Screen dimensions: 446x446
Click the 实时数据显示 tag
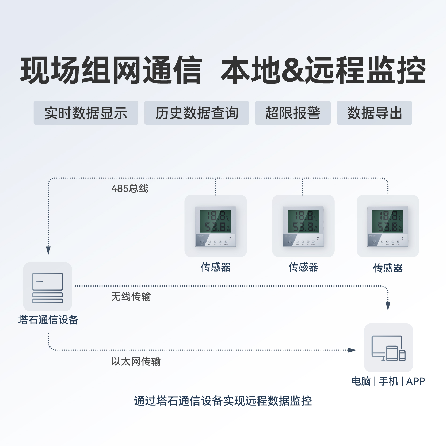(86, 113)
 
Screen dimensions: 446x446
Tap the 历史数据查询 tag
(197, 113)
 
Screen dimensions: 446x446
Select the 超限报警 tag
(293, 113)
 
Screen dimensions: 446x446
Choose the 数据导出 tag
(374, 113)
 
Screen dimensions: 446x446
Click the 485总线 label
(130, 189)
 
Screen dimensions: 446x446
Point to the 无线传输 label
(131, 297)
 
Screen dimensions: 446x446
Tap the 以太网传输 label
(136, 361)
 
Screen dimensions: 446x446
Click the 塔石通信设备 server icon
(48, 287)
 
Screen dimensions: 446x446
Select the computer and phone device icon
(388, 348)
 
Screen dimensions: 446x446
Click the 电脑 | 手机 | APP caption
(388, 381)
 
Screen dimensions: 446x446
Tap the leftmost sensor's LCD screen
(215, 221)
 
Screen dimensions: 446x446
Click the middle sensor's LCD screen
(303, 221)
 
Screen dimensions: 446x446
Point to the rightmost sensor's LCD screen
(388, 221)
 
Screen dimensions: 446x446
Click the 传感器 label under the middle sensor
(303, 267)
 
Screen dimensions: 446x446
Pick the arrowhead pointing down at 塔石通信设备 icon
(48, 251)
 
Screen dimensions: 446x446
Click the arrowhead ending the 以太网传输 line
(353, 350)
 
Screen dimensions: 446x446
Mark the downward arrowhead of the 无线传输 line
(388, 306)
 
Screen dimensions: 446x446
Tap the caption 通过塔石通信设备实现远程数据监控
(223, 401)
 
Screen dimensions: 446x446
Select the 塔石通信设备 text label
(48, 320)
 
